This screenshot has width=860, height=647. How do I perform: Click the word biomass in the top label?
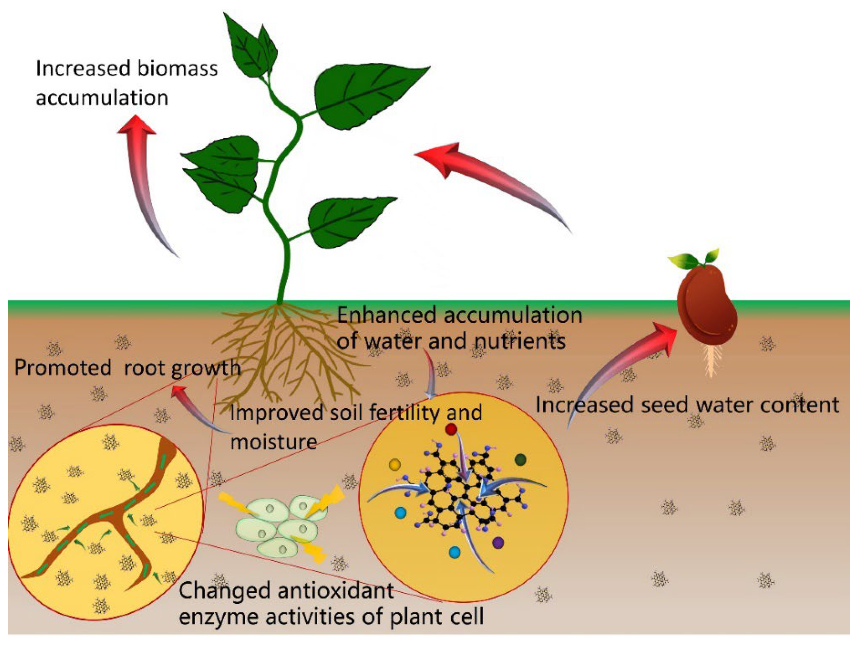coord(177,69)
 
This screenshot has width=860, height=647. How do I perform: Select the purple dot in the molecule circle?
coord(498,543)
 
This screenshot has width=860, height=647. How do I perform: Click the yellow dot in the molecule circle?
coord(395,464)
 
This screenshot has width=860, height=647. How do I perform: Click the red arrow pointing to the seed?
coord(618,369)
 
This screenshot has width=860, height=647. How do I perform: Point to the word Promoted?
coord(63,368)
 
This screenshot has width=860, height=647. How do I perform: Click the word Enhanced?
coord(386,315)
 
